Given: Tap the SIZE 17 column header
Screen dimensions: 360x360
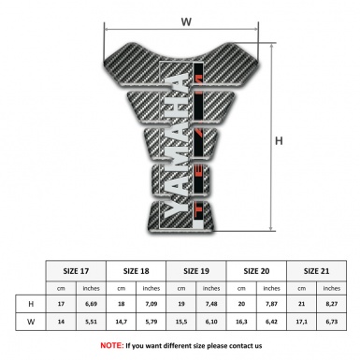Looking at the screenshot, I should click(x=77, y=268).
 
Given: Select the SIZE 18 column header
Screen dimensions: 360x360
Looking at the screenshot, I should click(x=137, y=268).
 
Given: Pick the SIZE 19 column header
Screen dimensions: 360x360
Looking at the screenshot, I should click(x=197, y=268).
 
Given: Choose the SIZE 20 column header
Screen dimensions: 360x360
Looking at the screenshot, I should click(x=258, y=268).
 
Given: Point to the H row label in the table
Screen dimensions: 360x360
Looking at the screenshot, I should click(x=31, y=304).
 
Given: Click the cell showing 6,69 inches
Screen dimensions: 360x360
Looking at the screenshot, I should click(x=92, y=304).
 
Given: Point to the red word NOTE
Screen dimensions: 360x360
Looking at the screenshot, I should click(x=111, y=345).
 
